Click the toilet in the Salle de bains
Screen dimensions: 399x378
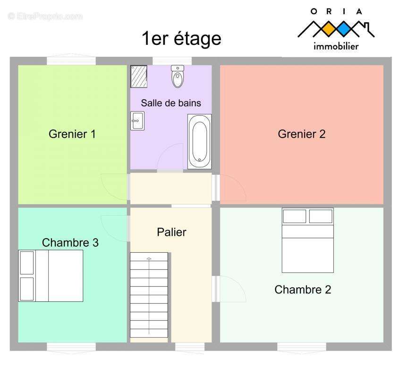(x=178, y=76)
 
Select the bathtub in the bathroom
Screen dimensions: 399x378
(x=199, y=141)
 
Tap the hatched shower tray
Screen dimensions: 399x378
(x=139, y=77)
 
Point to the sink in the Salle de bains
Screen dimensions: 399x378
(x=137, y=121)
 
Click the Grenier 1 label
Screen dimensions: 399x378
(x=72, y=134)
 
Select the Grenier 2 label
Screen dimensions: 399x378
(x=302, y=134)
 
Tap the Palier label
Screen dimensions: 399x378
(x=171, y=232)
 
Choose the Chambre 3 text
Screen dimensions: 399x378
(x=70, y=242)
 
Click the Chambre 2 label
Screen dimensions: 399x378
(x=303, y=290)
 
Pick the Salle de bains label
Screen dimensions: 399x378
(x=171, y=103)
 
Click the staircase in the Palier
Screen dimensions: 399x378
(x=149, y=295)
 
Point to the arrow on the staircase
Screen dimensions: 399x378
(x=149, y=295)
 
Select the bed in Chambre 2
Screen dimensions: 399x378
(x=308, y=240)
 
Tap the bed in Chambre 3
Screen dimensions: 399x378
(x=51, y=276)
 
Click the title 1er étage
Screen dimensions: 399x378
(x=181, y=38)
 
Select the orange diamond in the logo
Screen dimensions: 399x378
(x=329, y=29)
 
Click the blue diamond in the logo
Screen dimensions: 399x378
(x=344, y=29)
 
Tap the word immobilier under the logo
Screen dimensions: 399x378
(x=336, y=46)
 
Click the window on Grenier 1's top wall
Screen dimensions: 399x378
(x=71, y=60)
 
